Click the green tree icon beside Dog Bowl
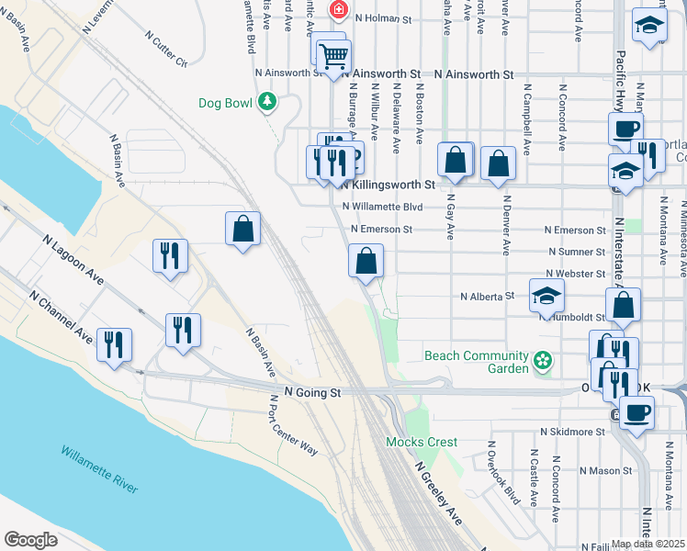[267, 101]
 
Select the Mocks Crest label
[422, 442]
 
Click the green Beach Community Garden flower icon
[543, 361]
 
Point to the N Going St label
[312, 392]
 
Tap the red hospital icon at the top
[338, 10]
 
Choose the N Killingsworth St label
[387, 185]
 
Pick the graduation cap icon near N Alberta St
[546, 296]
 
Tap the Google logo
[31, 540]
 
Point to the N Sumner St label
[576, 252]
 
